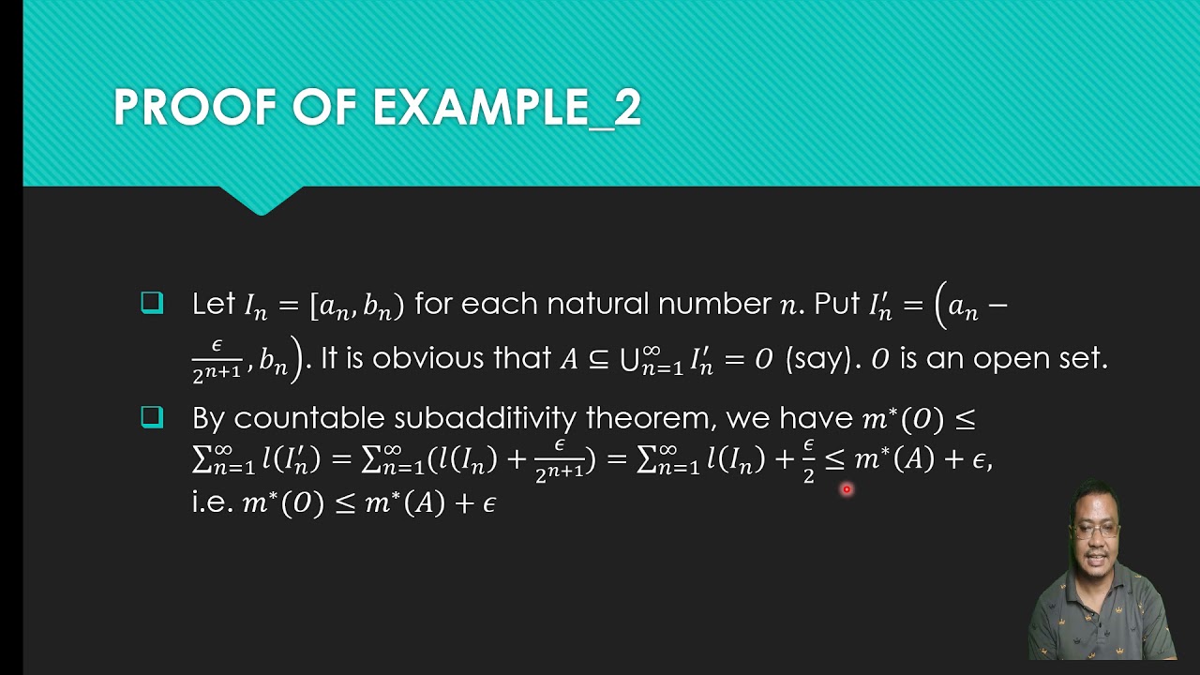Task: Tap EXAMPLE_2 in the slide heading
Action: coord(506,108)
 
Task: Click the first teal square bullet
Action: coord(152,303)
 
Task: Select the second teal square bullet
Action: coord(152,417)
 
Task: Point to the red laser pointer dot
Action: coord(846,488)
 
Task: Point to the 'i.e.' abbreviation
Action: coord(212,502)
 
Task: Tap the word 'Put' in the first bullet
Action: coord(836,304)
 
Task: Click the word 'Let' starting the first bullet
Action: coord(213,304)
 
